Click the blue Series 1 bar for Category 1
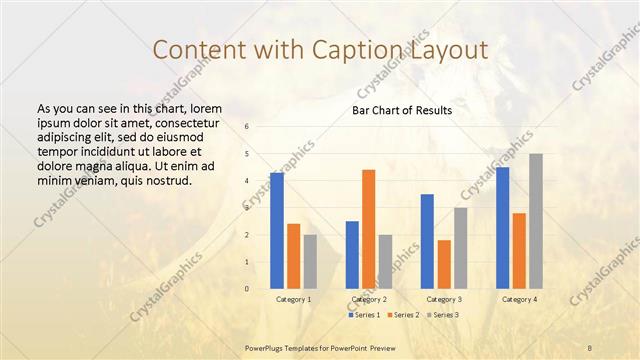(277, 230)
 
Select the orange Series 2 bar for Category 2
(368, 228)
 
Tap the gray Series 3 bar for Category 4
(536, 221)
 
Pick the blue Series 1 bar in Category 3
(427, 241)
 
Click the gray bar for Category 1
(311, 261)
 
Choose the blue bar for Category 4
(502, 227)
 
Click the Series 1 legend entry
(364, 315)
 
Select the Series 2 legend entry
(402, 315)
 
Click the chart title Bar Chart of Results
(402, 110)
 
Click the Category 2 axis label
(369, 299)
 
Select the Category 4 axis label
(519, 299)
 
